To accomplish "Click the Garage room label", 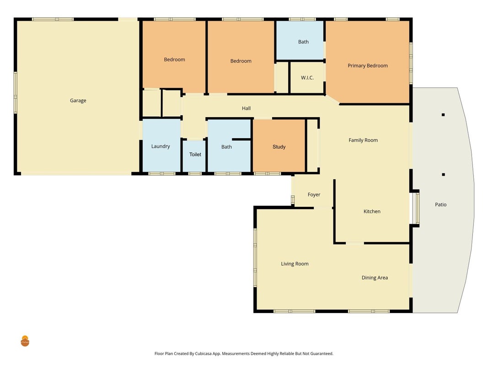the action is click(x=78, y=101).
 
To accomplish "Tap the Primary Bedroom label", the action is click(x=368, y=66).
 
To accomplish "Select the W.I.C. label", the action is click(x=307, y=78).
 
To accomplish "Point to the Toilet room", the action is click(x=194, y=156).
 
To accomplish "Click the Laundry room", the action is click(x=161, y=145).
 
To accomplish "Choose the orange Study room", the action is click(x=279, y=145).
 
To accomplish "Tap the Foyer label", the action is click(x=314, y=194).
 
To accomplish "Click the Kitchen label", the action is click(x=372, y=211).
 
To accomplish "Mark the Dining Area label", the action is click(x=375, y=278).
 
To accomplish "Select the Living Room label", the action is click(x=295, y=264).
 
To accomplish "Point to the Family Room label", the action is click(x=363, y=140).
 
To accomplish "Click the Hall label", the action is click(x=246, y=108).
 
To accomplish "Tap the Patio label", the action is click(x=441, y=205).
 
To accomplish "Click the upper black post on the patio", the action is click(x=443, y=115).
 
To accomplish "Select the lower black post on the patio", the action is click(x=444, y=175).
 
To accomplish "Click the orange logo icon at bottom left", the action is click(x=25, y=341).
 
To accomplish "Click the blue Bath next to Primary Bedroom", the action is click(x=300, y=40).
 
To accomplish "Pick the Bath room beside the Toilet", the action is click(x=229, y=145).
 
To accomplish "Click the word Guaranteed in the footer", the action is click(x=321, y=354).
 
